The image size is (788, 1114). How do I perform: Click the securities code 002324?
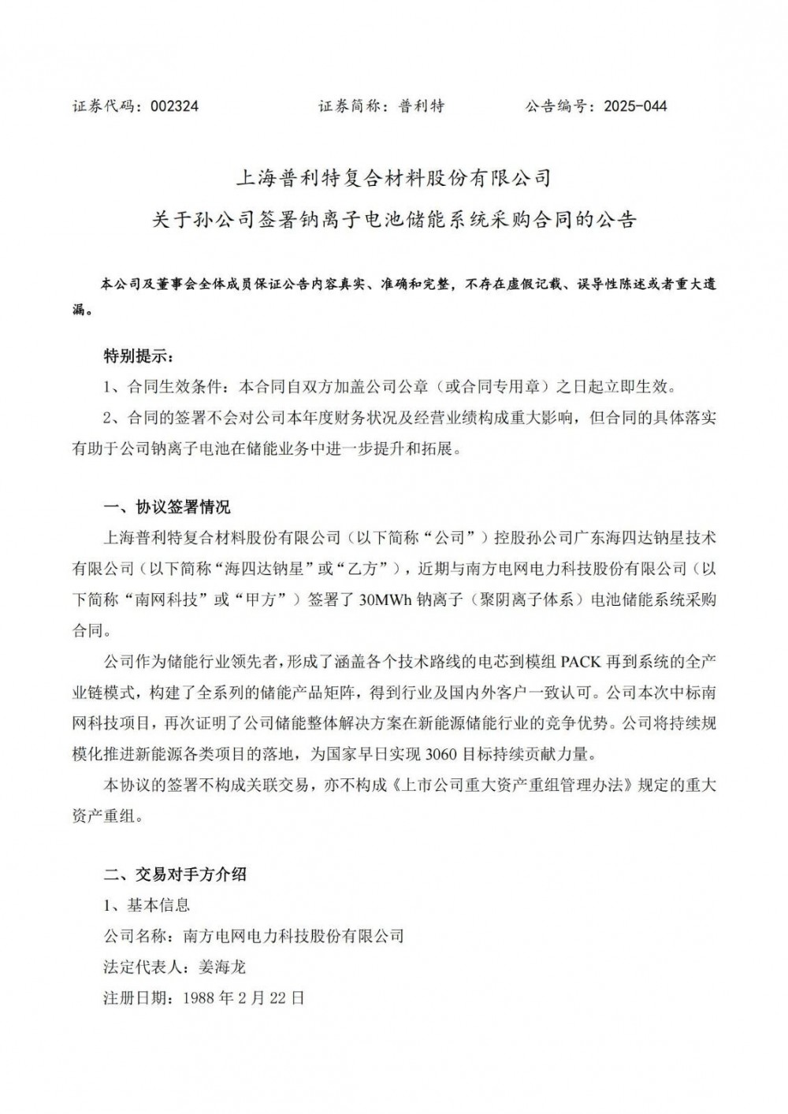[174, 106]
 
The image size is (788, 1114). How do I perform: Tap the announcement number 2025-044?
[635, 106]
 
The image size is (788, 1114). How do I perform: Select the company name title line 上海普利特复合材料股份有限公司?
[393, 177]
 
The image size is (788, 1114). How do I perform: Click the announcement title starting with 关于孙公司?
[393, 219]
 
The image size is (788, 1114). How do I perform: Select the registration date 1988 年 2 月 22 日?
[243, 997]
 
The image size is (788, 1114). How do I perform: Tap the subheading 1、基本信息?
[147, 905]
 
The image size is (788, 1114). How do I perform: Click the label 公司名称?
[135, 936]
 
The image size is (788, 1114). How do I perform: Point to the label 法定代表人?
[143, 967]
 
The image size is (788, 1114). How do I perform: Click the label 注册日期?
[135, 997]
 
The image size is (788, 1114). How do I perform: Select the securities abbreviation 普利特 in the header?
[422, 106]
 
